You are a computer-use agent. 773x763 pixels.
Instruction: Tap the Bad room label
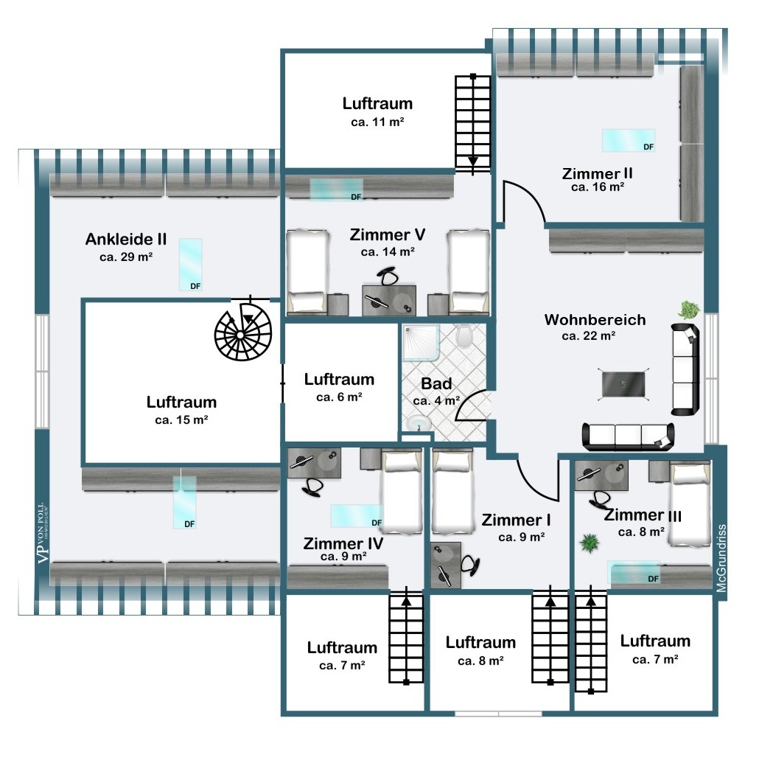pos(436,383)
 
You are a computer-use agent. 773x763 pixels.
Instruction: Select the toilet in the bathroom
pos(464,335)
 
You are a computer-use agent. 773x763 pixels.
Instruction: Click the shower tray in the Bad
pos(421,343)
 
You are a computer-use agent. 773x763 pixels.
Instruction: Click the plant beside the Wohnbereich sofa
pos(689,310)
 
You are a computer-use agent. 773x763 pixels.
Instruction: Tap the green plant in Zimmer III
pos(589,543)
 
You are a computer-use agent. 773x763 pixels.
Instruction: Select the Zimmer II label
pos(597,173)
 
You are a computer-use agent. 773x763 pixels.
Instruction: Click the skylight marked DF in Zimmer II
pos(629,140)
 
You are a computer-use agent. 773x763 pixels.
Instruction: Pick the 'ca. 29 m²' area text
pos(126,257)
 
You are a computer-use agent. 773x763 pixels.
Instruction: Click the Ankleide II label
pos(126,239)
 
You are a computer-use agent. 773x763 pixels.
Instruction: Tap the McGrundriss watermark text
pos(721,557)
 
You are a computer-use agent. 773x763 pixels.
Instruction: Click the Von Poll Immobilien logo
pos(43,533)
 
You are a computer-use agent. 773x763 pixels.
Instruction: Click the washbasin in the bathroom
pos(419,423)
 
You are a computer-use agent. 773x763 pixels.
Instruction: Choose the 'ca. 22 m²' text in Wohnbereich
pos(589,336)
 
